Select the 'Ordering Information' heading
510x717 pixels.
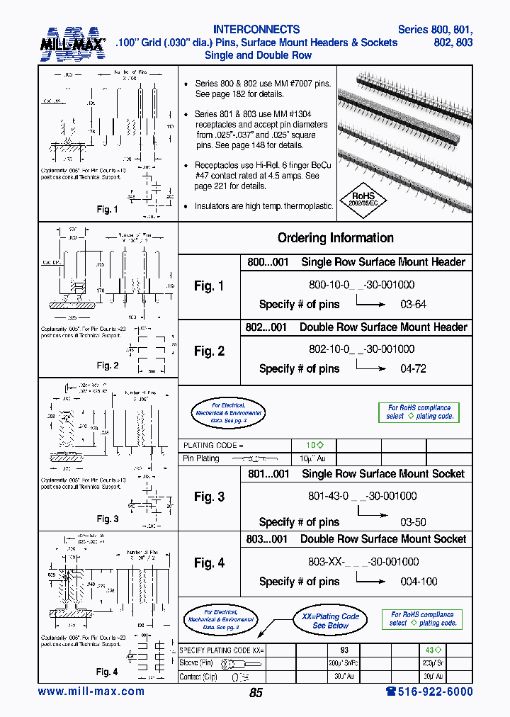[x=335, y=238]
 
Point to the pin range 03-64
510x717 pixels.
[x=414, y=304]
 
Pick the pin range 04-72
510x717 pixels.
[x=414, y=368]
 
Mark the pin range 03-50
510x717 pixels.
[x=414, y=522]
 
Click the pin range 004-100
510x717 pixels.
[x=419, y=582]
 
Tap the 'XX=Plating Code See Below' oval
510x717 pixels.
[x=330, y=621]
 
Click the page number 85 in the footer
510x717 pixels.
[x=256, y=693]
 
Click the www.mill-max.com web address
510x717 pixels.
[x=91, y=691]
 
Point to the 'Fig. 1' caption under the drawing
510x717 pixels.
[x=108, y=210]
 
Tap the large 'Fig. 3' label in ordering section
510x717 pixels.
[x=209, y=497]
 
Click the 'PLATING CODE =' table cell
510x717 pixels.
[x=213, y=445]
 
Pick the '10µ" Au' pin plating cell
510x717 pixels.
[x=313, y=458]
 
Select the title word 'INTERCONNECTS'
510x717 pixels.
[x=256, y=30]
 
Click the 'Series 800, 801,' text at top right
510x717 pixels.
[x=435, y=30]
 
